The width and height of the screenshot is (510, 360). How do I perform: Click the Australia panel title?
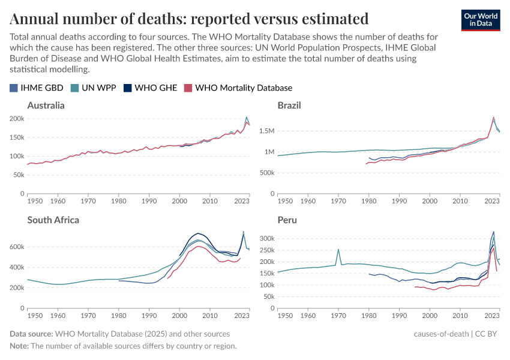coord(46,106)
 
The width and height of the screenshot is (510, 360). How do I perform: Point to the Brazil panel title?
coord(289,106)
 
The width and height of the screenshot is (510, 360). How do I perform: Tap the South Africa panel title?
coord(53,220)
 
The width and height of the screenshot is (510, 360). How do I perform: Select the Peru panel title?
coord(287,220)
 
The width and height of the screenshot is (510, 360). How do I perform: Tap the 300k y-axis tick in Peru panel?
coord(266,238)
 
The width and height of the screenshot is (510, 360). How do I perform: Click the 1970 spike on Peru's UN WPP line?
coord(338,250)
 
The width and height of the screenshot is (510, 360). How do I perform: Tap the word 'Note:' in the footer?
coord(20,346)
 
